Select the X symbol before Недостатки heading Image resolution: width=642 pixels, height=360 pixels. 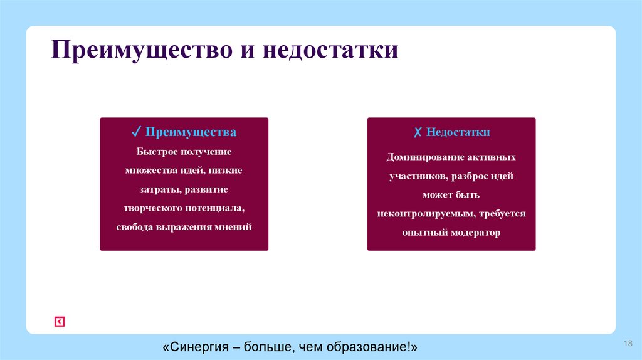pos(417,132)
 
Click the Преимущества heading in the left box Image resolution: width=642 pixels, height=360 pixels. pos(191,132)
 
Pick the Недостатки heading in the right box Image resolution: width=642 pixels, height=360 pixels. pos(458,132)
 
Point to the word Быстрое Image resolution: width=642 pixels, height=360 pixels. pos(157,151)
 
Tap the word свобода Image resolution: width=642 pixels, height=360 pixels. pos(134,226)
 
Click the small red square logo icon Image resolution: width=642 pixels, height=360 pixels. pos(59,322)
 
